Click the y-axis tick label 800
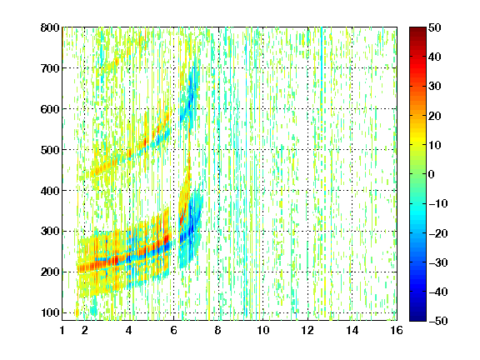click(x=50, y=27)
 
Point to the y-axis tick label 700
click(x=50, y=68)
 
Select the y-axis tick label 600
click(x=50, y=109)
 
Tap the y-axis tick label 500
click(x=50, y=150)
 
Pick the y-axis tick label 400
click(x=50, y=191)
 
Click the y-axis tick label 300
click(x=50, y=231)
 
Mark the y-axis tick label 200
click(x=50, y=272)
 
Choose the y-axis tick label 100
click(x=50, y=312)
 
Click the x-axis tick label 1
click(x=62, y=330)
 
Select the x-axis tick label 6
click(x=173, y=330)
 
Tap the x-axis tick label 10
click(x=263, y=330)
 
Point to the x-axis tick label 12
click(x=307, y=330)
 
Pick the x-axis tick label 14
click(x=352, y=330)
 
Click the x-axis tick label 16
click(x=397, y=330)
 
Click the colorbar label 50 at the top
click(x=434, y=27)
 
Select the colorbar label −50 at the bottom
click(x=438, y=321)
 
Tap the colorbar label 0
click(x=432, y=174)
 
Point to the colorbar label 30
click(x=434, y=87)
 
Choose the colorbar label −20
click(x=438, y=233)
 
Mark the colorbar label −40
click(x=438, y=292)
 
